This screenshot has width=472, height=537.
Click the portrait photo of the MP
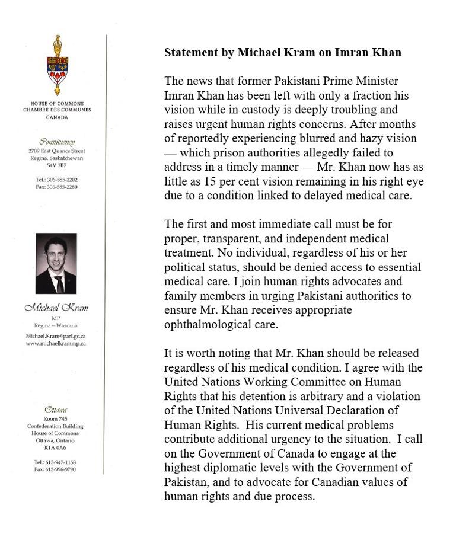point(56,263)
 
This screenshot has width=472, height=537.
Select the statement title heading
point(282,53)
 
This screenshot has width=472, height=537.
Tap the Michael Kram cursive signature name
point(56,308)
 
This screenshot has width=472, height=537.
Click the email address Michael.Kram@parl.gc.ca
point(56,335)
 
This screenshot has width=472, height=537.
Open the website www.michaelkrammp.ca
point(56,343)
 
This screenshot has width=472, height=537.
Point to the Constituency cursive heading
point(57,142)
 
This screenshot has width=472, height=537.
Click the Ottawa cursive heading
point(56,410)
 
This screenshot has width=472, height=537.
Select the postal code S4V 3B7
point(57,166)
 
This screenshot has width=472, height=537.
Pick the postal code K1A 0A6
point(56,447)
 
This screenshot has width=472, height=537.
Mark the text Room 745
point(56,419)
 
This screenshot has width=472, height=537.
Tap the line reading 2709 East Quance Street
point(57,151)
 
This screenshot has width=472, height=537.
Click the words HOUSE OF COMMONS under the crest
point(57,104)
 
